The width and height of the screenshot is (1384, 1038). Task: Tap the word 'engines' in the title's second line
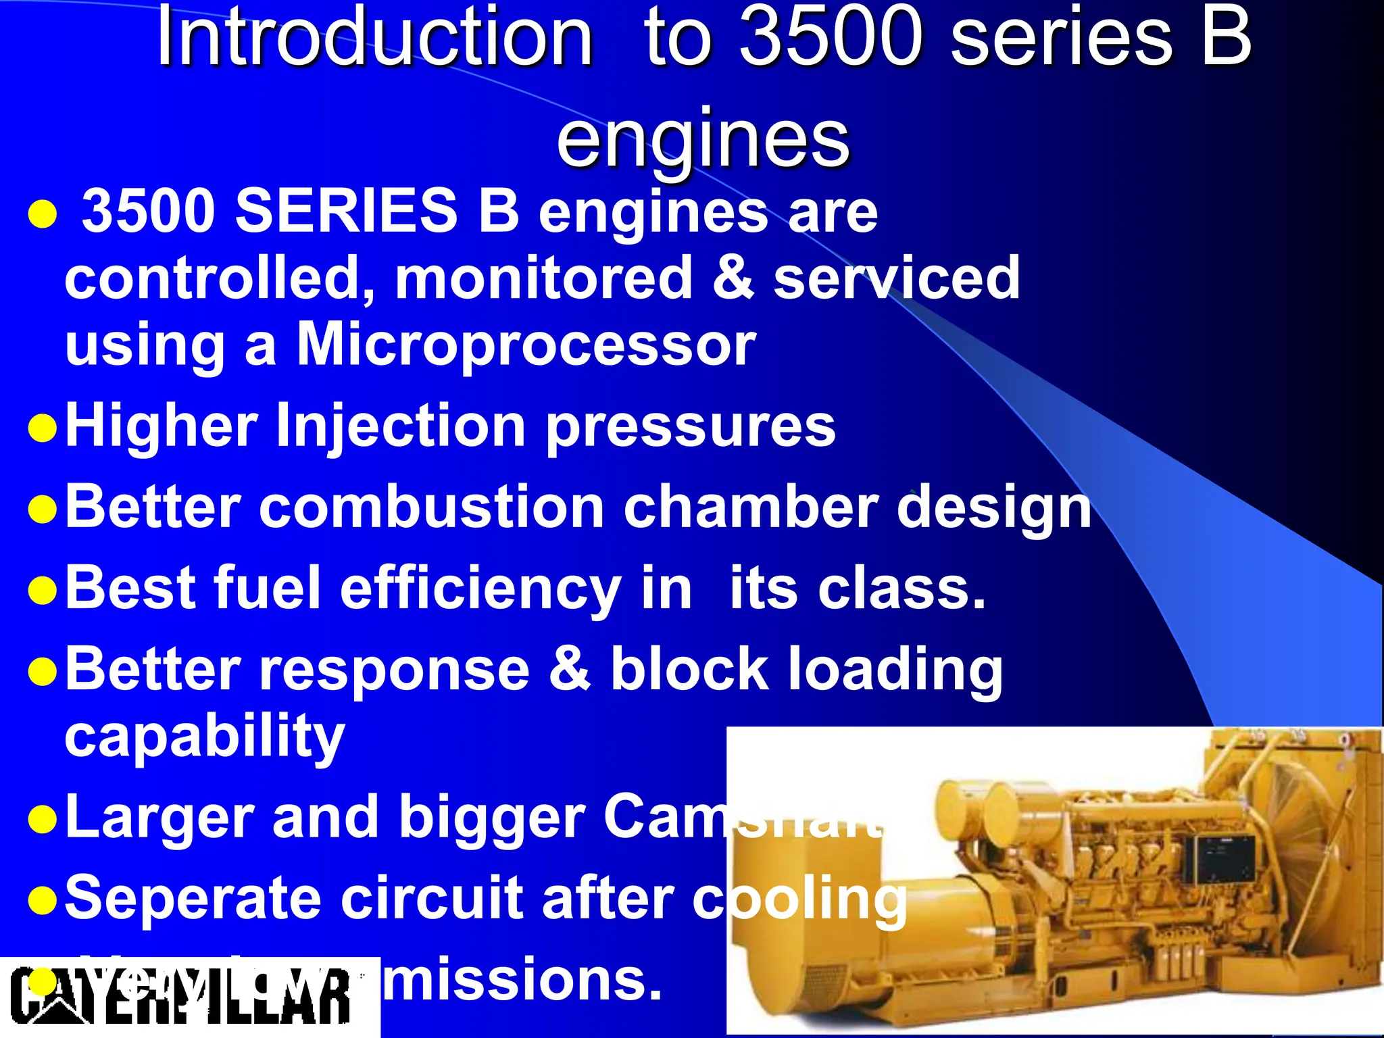point(703,139)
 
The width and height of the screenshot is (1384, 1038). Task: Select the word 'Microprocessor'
point(526,345)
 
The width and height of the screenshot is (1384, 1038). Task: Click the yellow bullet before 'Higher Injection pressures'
point(42,428)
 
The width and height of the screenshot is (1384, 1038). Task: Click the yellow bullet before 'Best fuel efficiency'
point(42,590)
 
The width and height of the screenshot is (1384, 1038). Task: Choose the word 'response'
point(395,669)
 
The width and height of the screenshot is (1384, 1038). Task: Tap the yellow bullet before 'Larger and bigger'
point(42,820)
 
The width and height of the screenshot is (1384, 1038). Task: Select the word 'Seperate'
point(193,899)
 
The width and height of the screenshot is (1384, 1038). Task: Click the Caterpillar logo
point(182,996)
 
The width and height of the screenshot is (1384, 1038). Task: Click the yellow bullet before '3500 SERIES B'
point(42,214)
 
